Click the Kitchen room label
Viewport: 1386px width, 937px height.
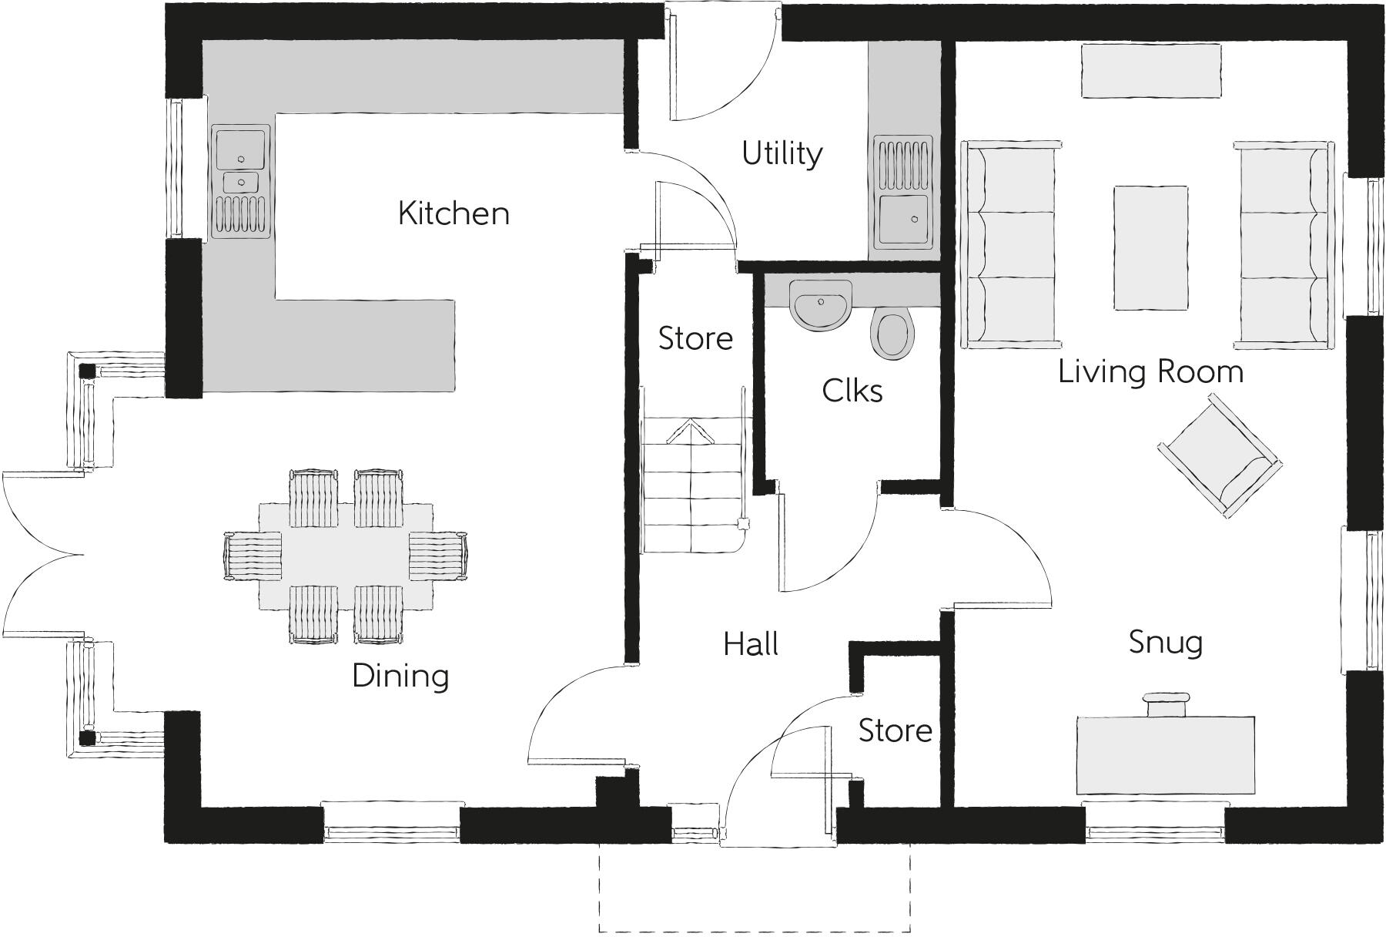click(454, 213)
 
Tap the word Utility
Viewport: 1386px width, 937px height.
click(782, 153)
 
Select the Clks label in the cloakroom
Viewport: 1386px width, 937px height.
click(852, 391)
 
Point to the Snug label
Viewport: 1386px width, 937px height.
click(1165, 642)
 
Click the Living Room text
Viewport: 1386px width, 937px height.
click(1150, 371)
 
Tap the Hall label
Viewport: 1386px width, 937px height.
click(751, 644)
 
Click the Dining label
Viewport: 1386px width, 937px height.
click(400, 676)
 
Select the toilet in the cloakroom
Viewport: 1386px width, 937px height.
click(893, 334)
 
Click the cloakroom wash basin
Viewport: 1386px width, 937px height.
click(821, 304)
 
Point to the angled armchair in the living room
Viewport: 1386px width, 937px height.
click(1219, 455)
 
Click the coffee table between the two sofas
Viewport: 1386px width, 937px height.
click(1150, 247)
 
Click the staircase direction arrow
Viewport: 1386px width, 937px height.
click(691, 432)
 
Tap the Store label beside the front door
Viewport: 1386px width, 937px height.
click(895, 730)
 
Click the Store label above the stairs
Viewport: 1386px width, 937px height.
click(695, 338)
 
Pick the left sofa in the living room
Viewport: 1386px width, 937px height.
click(1009, 244)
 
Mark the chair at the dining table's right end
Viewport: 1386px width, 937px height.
click(437, 556)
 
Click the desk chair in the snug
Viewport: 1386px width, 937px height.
click(1165, 704)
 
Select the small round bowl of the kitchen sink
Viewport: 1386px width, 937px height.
click(241, 182)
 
